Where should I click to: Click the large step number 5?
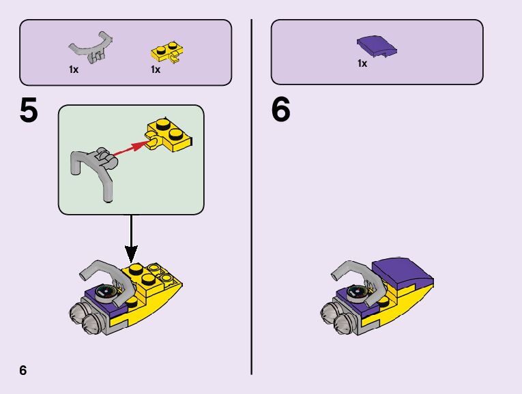tap(29, 112)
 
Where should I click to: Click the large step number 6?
tap(280, 111)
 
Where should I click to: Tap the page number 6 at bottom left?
tap(23, 371)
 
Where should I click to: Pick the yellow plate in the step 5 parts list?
tap(165, 52)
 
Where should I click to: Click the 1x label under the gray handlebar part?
tap(74, 70)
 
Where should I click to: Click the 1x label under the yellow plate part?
tap(156, 70)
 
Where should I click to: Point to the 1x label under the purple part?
tap(362, 63)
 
